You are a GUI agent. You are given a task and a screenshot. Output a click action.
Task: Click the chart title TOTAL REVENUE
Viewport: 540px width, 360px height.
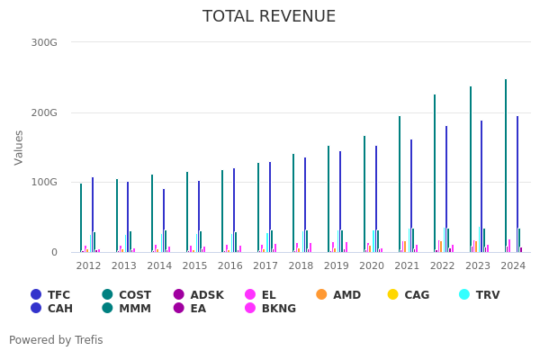pyautogui.click(x=269, y=16)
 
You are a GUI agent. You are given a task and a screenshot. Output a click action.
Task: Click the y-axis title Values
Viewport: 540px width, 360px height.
pyautogui.click(x=20, y=147)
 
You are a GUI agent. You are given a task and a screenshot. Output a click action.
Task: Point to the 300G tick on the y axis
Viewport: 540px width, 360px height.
pyautogui.click(x=44, y=42)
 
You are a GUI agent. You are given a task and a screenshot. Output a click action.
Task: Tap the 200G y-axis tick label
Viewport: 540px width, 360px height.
pyautogui.click(x=44, y=112)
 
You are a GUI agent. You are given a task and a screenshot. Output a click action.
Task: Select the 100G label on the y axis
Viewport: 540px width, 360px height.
pyautogui.click(x=44, y=183)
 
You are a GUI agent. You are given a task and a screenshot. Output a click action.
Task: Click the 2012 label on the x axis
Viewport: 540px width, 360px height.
pyautogui.click(x=88, y=265)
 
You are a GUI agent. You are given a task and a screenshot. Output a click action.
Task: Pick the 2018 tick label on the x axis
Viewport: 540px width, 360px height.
pyautogui.click(x=301, y=265)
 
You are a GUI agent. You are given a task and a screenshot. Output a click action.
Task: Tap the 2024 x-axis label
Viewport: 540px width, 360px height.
pyautogui.click(x=513, y=265)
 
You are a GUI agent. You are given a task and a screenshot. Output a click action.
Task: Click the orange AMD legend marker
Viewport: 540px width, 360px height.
pyautogui.click(x=322, y=294)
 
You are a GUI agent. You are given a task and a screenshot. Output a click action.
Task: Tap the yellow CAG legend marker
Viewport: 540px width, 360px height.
pyautogui.click(x=392, y=294)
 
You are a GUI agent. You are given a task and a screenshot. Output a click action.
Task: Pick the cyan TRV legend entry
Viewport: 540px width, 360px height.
pyautogui.click(x=464, y=294)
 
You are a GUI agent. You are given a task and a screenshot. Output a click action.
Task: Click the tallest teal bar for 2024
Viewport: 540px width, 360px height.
pyautogui.click(x=506, y=166)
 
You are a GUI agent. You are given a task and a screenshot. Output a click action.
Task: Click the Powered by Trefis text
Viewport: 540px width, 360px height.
pyautogui.click(x=56, y=340)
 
